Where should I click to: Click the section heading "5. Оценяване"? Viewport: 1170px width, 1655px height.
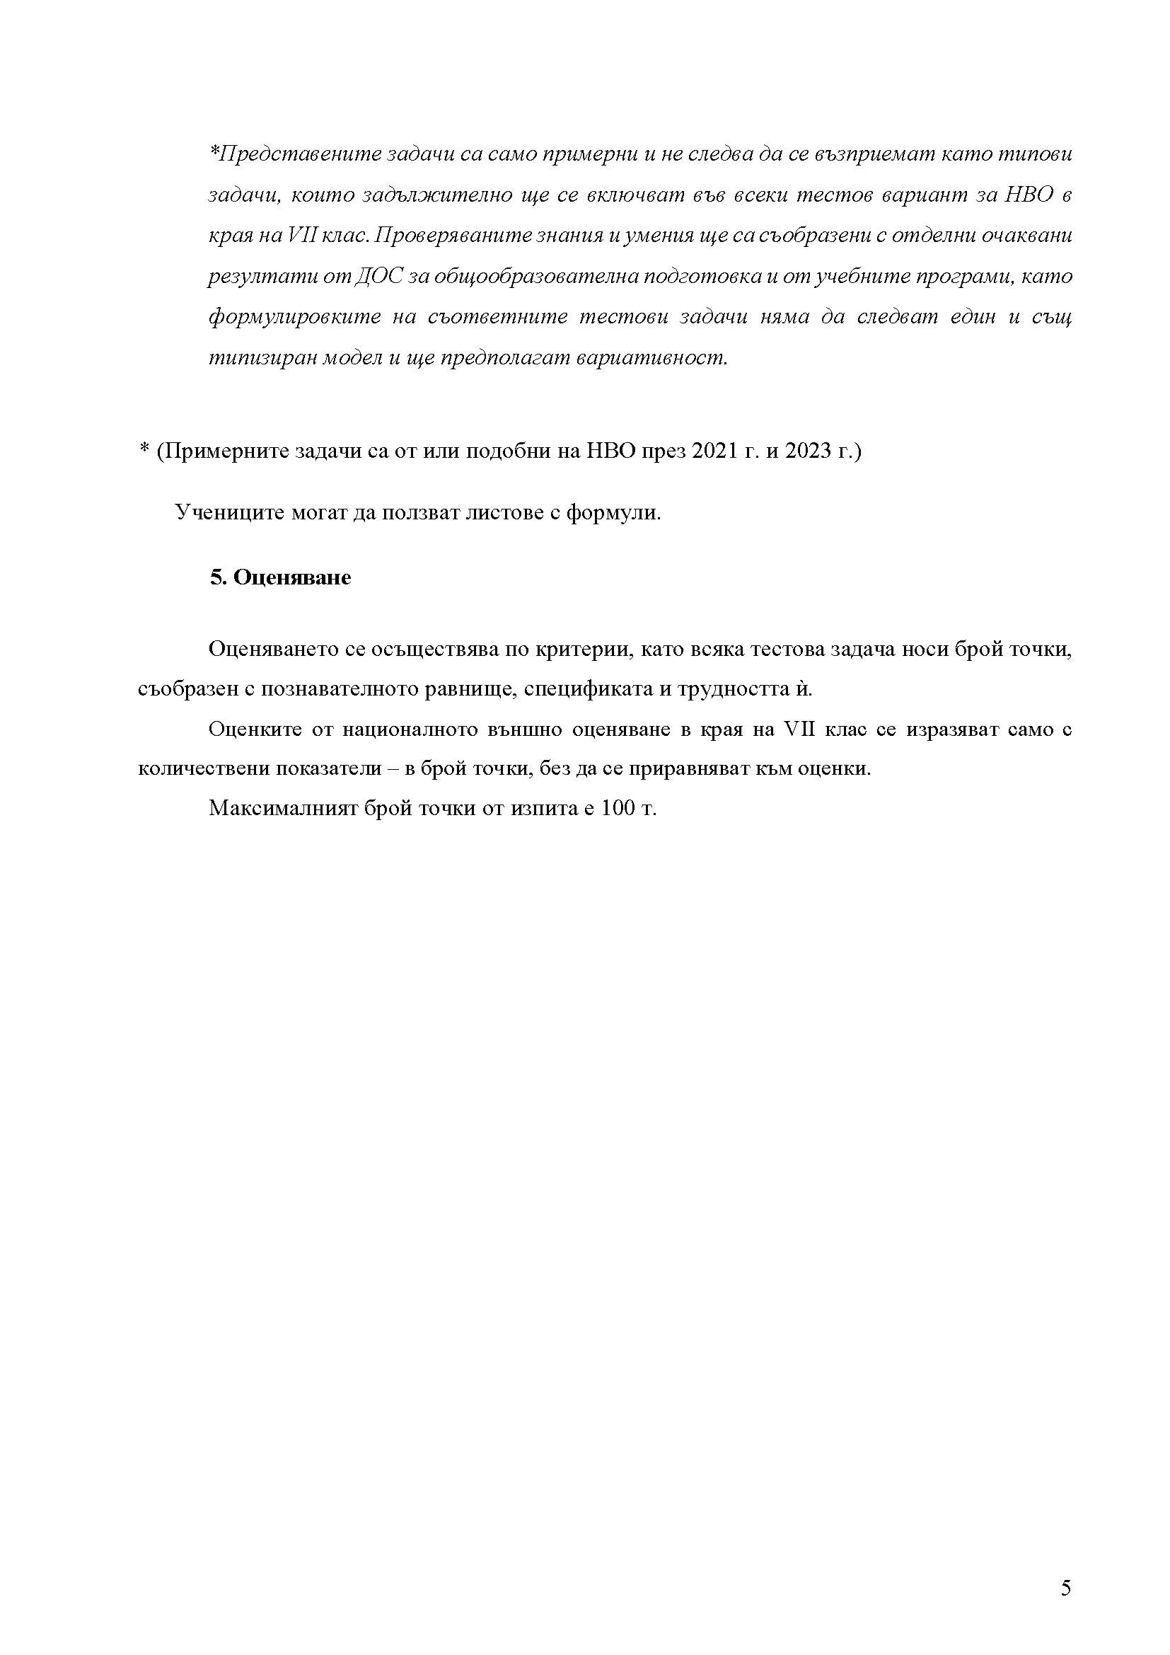click(280, 578)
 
